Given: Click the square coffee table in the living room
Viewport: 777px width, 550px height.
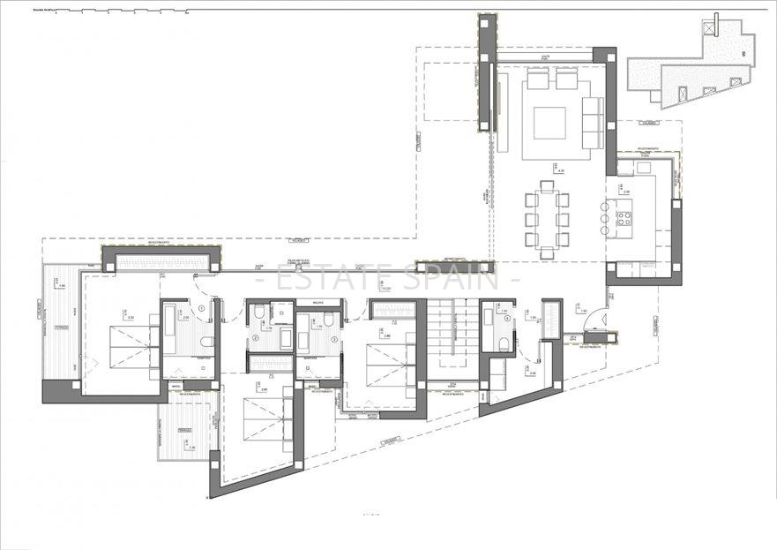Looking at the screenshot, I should point(549,123).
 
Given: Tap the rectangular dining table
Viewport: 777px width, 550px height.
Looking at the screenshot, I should point(548,217).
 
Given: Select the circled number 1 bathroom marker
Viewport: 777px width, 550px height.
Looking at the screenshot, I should point(202,308).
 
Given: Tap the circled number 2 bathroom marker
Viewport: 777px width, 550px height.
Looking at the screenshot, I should point(256,337).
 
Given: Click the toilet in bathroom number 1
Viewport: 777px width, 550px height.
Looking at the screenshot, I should point(206,342).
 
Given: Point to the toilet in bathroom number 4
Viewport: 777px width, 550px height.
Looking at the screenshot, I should point(502,343).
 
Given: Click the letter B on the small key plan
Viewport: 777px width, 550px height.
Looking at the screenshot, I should point(743,54).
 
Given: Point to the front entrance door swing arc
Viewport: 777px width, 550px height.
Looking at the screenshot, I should point(597,319).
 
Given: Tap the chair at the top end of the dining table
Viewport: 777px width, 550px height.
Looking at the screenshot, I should point(548,186).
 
